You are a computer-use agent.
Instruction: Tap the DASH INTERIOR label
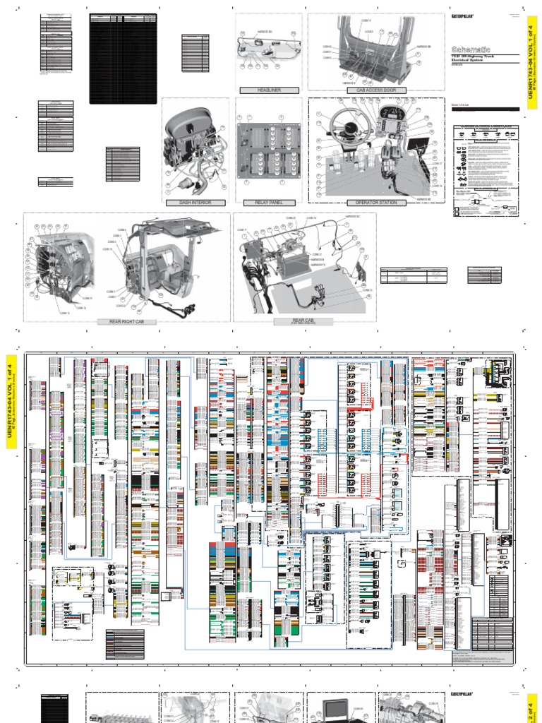click(x=186, y=203)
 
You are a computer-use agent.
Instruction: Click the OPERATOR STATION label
click(x=375, y=203)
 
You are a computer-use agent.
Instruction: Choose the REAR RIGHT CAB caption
click(x=127, y=321)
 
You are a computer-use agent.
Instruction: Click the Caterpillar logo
click(x=462, y=16)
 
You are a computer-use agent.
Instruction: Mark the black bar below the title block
click(x=484, y=109)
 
